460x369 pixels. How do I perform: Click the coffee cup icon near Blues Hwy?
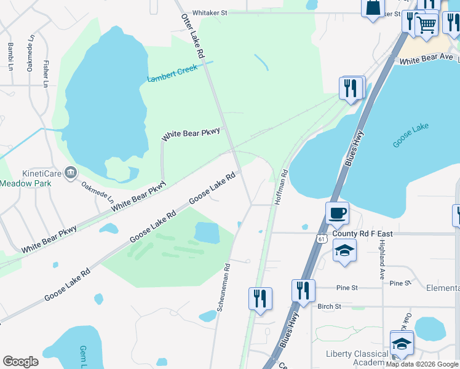click(337, 214)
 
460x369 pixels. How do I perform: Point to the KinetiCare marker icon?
click(71, 172)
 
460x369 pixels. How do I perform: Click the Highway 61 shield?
click(322, 237)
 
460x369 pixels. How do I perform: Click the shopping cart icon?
click(426, 25)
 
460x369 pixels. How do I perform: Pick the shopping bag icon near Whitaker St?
click(373, 9)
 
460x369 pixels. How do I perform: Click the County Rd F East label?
click(362, 234)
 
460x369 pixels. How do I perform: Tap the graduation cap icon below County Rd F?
click(344, 250)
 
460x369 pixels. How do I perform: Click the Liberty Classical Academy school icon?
click(402, 343)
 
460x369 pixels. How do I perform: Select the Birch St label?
click(330, 306)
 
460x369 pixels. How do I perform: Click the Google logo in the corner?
click(20, 361)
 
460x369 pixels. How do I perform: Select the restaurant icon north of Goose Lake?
click(351, 88)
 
